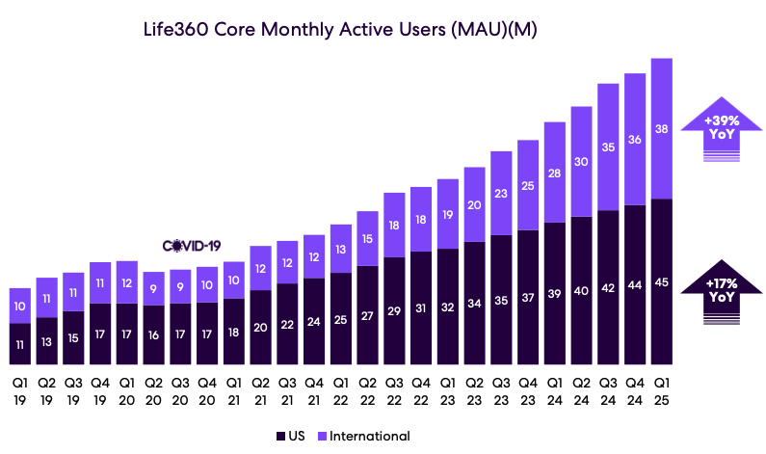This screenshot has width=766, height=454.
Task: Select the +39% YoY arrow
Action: pyautogui.click(x=720, y=128)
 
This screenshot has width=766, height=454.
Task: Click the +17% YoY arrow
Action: pyautogui.click(x=720, y=291)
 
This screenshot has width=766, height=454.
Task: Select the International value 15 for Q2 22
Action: pyautogui.click(x=367, y=239)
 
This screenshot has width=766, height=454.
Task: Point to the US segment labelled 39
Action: pyautogui.click(x=554, y=293)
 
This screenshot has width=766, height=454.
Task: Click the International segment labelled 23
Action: pyautogui.click(x=501, y=194)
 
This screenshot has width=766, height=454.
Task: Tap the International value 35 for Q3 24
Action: pyautogui.click(x=607, y=147)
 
